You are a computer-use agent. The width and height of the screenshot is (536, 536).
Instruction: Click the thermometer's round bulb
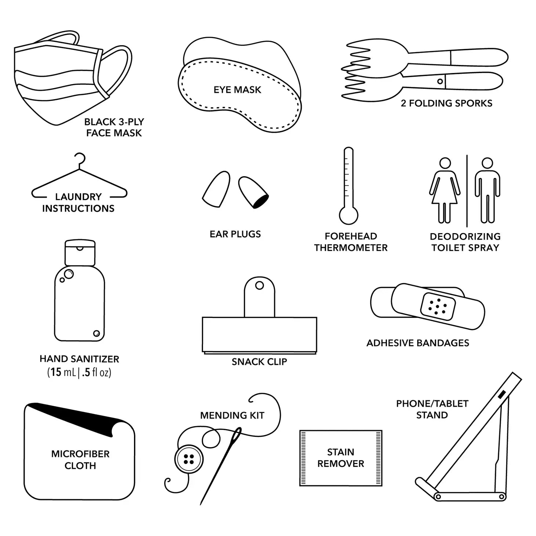pyautogui.click(x=348, y=215)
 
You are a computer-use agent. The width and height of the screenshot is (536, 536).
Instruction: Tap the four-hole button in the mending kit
pyautogui.click(x=189, y=459)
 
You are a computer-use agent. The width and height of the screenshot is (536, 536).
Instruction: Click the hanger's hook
pyautogui.click(x=81, y=160)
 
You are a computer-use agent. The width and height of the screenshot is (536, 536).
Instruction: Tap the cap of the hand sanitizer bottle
pyautogui.click(x=80, y=253)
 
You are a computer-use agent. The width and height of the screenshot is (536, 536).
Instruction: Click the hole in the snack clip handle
pyautogui.click(x=259, y=285)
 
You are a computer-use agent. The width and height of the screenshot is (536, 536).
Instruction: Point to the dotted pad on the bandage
pyautogui.click(x=438, y=307)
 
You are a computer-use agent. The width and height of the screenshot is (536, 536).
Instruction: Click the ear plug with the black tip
pyautogui.click(x=253, y=192)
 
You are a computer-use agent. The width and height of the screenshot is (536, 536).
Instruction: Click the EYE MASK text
pyautogui.click(x=237, y=90)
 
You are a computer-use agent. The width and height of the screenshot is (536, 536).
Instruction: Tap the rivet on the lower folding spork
pyautogui.click(x=440, y=82)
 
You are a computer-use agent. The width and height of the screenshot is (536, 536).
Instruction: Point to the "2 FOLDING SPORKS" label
pyautogui.click(x=446, y=103)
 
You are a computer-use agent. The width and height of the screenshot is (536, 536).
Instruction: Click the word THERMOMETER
pyautogui.click(x=351, y=247)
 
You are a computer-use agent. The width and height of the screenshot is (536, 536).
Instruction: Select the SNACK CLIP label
pyautogui.click(x=259, y=362)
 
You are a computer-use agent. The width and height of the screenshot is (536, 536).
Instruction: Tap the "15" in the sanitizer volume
pyautogui.click(x=56, y=372)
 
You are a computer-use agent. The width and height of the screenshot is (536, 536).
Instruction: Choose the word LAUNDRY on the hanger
pyautogui.click(x=78, y=197)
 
